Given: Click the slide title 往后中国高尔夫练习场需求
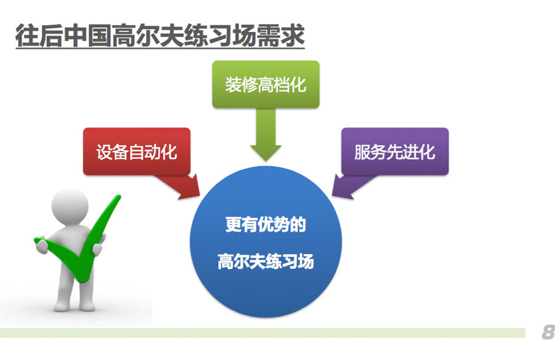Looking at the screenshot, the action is tap(160, 35).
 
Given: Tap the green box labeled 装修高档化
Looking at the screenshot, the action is tap(266, 84).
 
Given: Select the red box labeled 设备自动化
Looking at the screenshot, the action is tap(137, 152).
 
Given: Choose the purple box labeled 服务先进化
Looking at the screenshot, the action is tap(395, 152).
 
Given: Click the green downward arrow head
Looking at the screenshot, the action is tap(266, 153).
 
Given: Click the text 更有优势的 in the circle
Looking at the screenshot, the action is tap(266, 224).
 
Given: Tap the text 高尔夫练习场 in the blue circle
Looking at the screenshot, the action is tap(266, 261).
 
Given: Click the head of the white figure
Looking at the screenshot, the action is tap(70, 207).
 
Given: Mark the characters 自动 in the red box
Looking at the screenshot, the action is tap(144, 152).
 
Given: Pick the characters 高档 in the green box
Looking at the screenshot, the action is tap(274, 85).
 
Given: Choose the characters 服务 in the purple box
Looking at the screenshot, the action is tap(370, 152).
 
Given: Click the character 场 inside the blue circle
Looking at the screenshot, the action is tap(306, 261).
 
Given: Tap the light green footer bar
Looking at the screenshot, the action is tap(263, 333).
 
